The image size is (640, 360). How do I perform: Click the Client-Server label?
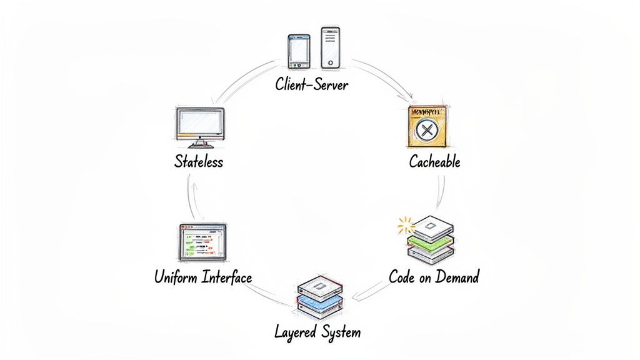312,84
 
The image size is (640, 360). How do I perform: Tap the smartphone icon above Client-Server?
299,51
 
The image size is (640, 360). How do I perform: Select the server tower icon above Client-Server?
331,47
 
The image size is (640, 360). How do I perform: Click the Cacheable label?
434,162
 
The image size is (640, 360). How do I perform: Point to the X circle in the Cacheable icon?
427,131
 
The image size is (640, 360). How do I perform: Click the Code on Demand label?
434,276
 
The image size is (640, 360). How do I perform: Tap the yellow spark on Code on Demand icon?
404,226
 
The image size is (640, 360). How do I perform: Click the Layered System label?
317,331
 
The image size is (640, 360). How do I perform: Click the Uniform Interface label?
203,277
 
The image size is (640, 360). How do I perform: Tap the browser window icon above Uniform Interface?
202,242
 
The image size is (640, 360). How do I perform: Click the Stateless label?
198,162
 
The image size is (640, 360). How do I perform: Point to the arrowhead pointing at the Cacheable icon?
410,97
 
